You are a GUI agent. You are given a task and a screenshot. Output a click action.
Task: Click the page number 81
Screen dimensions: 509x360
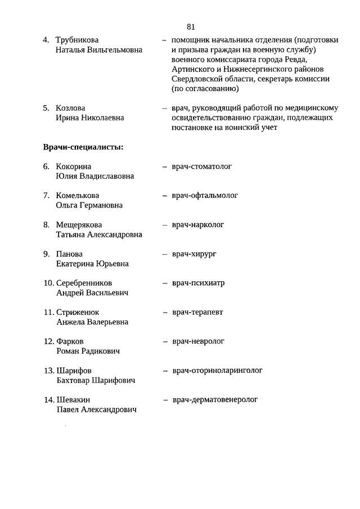pyautogui.click(x=190, y=26)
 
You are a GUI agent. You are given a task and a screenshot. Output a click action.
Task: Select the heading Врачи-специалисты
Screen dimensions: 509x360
pyautogui.click(x=83, y=147)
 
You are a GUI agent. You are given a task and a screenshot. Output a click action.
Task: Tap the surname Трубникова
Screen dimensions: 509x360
pyautogui.click(x=77, y=40)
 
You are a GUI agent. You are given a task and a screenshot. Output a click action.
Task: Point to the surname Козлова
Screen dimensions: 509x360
pyautogui.click(x=71, y=108)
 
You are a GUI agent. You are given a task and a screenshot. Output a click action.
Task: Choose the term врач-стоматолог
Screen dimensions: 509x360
pyautogui.click(x=202, y=166)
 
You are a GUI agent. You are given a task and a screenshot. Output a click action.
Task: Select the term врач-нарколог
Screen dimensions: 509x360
pyautogui.click(x=198, y=225)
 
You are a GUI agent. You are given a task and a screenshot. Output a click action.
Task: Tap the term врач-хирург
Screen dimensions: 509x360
pyautogui.click(x=194, y=254)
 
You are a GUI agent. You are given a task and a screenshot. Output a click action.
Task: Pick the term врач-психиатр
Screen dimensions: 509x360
pyautogui.click(x=198, y=283)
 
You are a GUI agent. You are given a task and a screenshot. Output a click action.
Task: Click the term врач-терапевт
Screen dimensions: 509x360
pyautogui.click(x=197, y=312)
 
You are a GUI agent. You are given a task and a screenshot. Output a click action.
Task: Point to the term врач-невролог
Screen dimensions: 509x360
pyautogui.click(x=198, y=341)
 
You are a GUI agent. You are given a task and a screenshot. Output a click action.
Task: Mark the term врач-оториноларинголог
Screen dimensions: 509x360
pyautogui.click(x=217, y=371)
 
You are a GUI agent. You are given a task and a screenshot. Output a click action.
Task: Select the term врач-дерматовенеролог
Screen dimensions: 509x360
pyautogui.click(x=215, y=400)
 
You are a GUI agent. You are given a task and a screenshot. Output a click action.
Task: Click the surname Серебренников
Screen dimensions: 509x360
pyautogui.click(x=84, y=283)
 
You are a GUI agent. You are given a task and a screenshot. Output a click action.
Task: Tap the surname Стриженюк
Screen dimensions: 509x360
pyautogui.click(x=78, y=312)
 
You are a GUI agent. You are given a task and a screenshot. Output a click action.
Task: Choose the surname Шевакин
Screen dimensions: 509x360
pyautogui.click(x=73, y=400)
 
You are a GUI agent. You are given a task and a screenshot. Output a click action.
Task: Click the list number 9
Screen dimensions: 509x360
pyautogui.click(x=47, y=254)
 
